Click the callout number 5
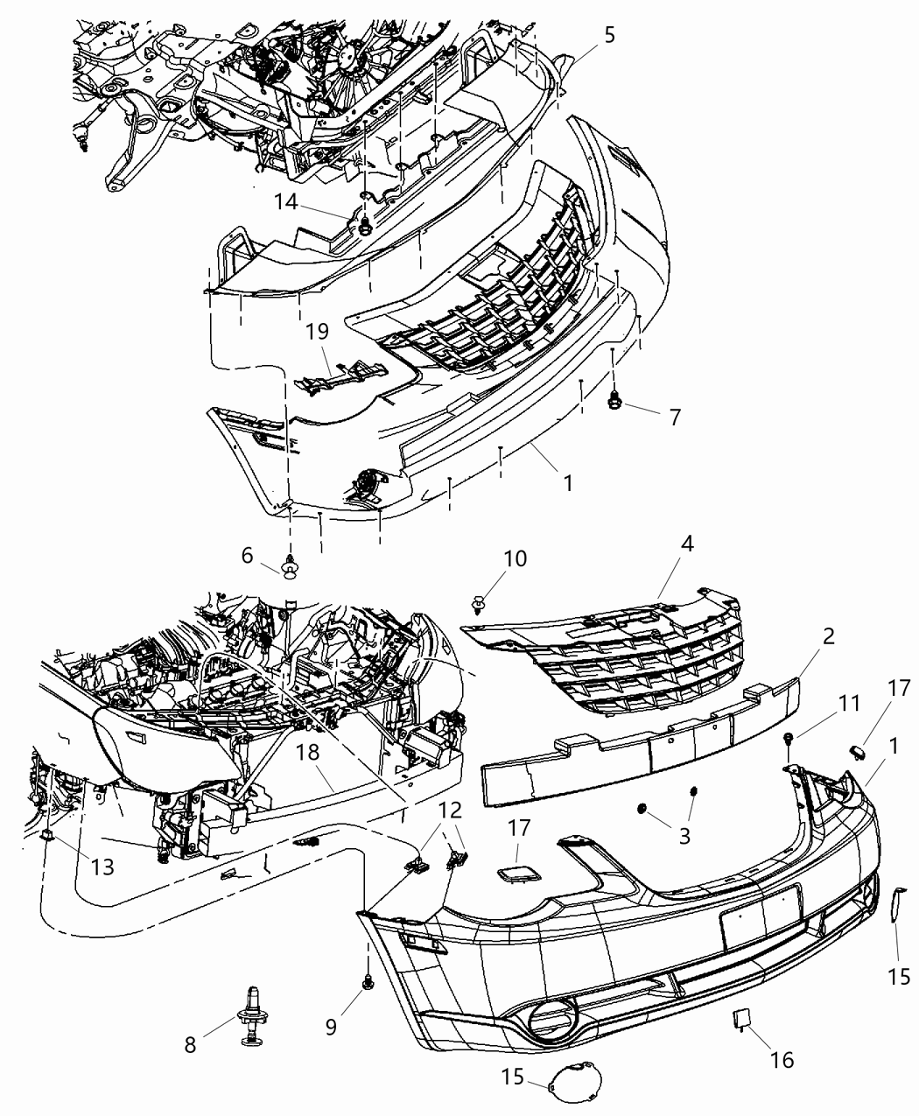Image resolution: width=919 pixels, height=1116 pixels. [x=608, y=35]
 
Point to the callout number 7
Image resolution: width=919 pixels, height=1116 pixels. [x=674, y=418]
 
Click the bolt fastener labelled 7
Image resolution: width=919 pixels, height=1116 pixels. [x=614, y=401]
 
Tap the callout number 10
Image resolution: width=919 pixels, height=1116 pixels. [x=516, y=558]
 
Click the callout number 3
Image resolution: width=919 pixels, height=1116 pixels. [x=684, y=836]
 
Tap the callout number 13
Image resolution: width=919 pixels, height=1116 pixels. [x=103, y=867]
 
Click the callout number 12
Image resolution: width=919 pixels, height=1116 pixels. [x=448, y=811]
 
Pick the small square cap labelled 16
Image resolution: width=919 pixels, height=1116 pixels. [x=740, y=1018]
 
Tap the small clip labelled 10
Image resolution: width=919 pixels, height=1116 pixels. [x=479, y=602]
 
